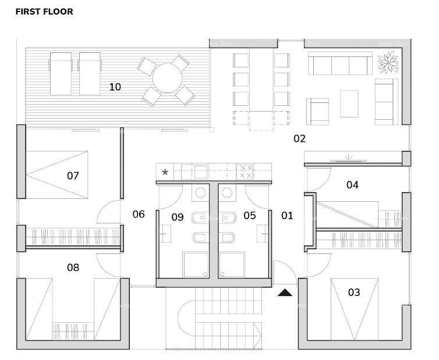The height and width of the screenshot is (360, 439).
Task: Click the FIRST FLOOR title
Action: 44,11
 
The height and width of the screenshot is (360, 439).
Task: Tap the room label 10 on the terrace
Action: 115,87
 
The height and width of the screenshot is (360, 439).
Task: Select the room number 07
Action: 73,175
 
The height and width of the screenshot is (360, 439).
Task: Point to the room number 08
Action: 73,268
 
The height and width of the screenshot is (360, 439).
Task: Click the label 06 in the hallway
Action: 139,214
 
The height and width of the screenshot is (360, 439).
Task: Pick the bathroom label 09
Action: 178,217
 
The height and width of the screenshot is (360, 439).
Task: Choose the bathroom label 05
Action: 249,216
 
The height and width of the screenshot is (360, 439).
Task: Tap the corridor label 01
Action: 287,216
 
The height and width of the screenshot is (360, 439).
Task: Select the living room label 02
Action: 299,138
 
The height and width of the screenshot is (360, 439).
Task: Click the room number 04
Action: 352,185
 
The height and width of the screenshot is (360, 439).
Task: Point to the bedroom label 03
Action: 354,292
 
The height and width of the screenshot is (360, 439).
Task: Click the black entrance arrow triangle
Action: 285,293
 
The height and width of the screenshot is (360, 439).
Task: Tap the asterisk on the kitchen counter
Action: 165,173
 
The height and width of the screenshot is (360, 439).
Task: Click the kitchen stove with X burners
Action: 246,172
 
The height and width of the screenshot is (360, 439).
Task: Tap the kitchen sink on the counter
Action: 201,172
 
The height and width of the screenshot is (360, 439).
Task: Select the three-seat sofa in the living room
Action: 339,63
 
